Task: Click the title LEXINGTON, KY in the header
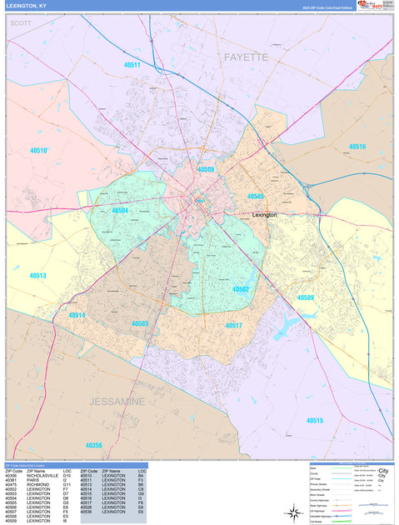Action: tap(26, 6)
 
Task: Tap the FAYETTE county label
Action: tap(246, 57)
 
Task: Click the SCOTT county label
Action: tap(20, 23)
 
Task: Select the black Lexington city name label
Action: tap(265, 214)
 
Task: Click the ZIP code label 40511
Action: tap(132, 64)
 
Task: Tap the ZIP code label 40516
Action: tap(357, 147)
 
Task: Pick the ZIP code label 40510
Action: tap(38, 151)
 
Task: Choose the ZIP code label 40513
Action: tap(37, 275)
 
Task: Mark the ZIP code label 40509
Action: tap(306, 297)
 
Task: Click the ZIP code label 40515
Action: tap(314, 421)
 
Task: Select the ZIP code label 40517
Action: tap(233, 325)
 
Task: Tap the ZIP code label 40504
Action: tap(120, 211)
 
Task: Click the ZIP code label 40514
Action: tap(77, 315)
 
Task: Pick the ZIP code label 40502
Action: tap(241, 289)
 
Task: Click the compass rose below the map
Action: tap(292, 512)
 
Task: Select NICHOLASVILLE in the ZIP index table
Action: tap(42, 476)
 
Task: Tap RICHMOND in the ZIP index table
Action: tap(38, 485)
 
